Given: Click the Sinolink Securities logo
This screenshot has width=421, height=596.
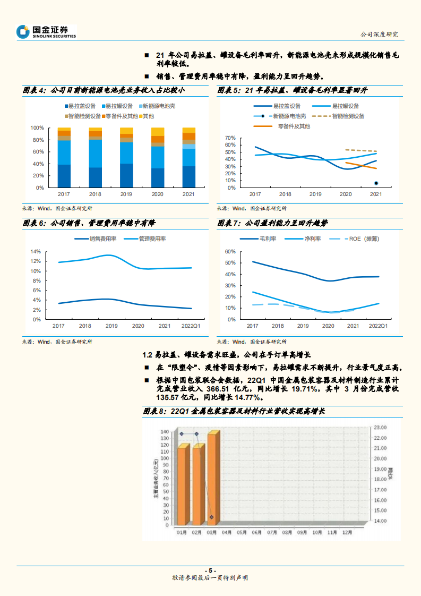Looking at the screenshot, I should tap(46, 32).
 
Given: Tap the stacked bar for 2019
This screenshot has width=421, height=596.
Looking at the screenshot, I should tap(126, 158).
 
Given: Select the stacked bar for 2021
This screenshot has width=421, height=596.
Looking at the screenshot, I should tap(188, 158).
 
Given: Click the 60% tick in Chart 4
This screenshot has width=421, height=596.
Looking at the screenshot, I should tap(37, 152).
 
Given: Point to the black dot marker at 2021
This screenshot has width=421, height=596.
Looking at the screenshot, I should tap(376, 183).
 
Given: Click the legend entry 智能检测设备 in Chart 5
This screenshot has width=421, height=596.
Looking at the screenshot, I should tap(345, 116).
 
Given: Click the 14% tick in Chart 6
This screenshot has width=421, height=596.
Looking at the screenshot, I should tap(36, 252).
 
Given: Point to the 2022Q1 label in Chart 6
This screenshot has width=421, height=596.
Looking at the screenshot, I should tap(191, 326).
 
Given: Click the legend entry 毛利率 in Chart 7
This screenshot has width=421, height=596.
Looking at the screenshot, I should tap(263, 239).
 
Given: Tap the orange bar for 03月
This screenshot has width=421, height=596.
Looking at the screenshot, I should tap(212, 478).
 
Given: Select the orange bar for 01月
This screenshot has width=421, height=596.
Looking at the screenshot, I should tap(182, 484).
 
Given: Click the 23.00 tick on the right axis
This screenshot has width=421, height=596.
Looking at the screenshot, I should tap(381, 427).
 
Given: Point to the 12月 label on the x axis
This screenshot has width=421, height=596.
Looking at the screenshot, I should tap(347, 532).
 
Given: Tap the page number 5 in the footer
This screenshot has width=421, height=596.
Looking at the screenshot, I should tap(210, 570).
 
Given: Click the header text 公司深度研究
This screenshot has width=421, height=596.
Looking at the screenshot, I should tap(379, 35).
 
